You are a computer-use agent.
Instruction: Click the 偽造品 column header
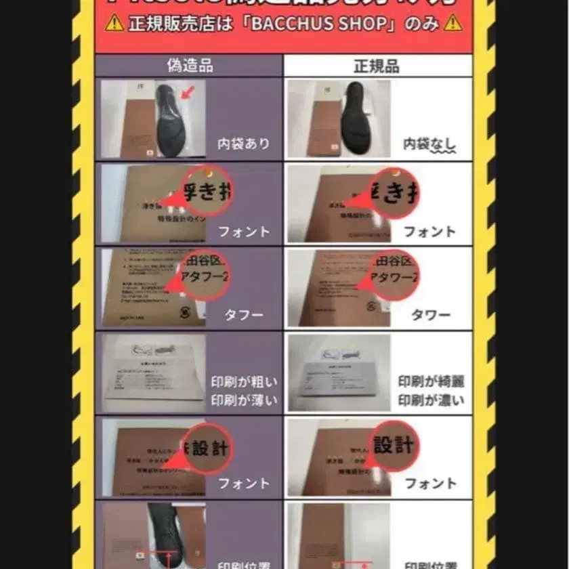point(190,65)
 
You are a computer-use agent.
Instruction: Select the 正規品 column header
point(376,66)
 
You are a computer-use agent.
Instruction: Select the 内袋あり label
point(243,144)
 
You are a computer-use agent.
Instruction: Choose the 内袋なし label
point(429,144)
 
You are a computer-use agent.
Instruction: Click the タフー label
point(243,315)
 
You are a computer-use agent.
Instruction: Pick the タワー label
point(430,315)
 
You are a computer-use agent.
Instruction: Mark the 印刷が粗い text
point(244,382)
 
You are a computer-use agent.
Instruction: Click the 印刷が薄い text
point(244,400)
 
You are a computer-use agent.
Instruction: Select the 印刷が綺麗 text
point(431,382)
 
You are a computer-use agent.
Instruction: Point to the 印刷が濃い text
point(431,400)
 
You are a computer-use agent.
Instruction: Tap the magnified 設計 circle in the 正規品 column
point(392,446)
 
